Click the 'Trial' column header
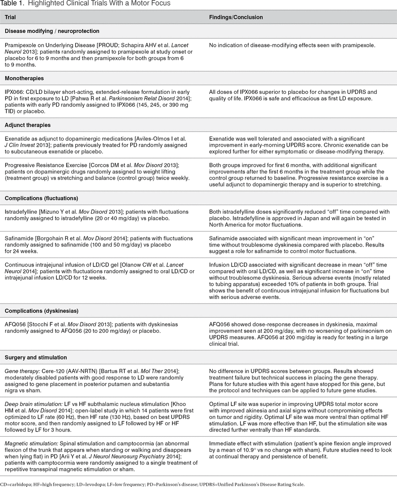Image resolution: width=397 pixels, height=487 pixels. [x=11, y=17]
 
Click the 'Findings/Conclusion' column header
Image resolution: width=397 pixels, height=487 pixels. [x=236, y=17]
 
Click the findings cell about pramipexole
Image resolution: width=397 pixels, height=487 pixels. [x=292, y=45]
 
